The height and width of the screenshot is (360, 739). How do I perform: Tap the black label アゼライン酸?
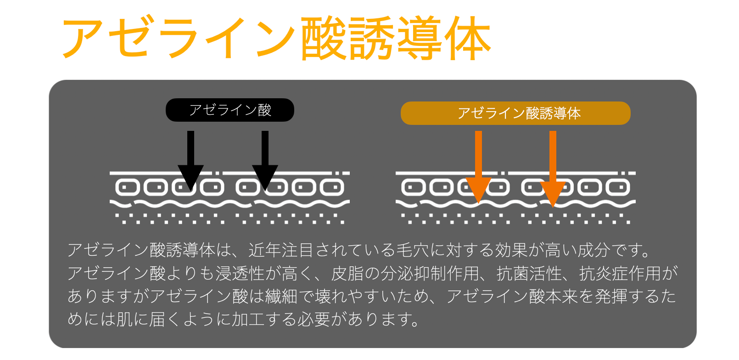[x=230, y=110]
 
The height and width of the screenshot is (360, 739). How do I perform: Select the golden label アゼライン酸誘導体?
[x=515, y=113]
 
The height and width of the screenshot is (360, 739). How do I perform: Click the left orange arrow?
[x=478, y=165]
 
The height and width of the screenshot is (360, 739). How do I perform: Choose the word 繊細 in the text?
[x=281, y=297]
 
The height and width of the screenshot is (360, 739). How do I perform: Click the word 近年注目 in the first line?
[x=281, y=250]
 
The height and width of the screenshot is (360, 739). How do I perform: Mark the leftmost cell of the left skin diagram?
[x=127, y=187]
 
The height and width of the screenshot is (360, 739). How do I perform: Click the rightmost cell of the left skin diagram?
[x=332, y=187]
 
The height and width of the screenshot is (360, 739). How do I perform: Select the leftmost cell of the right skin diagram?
[x=413, y=187]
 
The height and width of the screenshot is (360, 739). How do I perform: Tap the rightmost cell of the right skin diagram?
[x=618, y=187]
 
